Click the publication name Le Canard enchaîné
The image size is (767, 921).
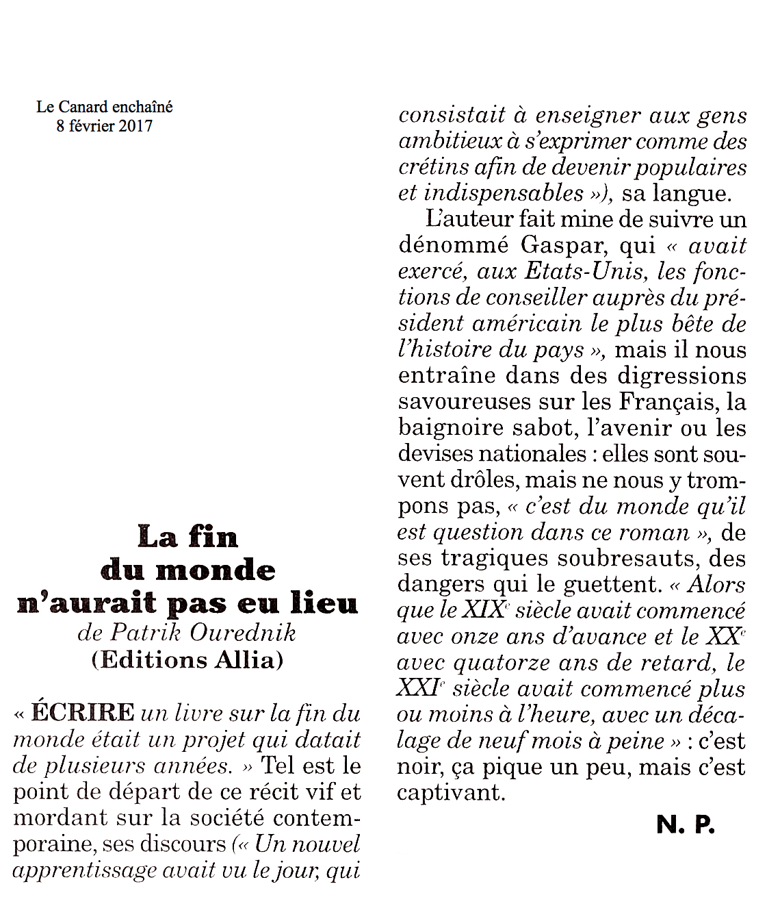tap(104, 107)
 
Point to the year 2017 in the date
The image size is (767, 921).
tap(135, 126)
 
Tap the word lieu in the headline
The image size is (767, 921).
tap(324, 603)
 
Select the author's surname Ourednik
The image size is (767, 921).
tap(243, 632)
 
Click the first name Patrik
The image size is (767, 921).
tap(146, 632)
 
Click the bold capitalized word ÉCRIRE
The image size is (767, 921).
tap(83, 712)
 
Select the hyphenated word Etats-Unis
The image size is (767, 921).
tap(585, 271)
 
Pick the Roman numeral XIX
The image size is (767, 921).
tap(484, 609)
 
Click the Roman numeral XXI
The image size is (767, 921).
tap(418, 687)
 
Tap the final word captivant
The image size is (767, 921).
tap(451, 792)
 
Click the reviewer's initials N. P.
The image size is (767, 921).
tap(685, 825)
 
